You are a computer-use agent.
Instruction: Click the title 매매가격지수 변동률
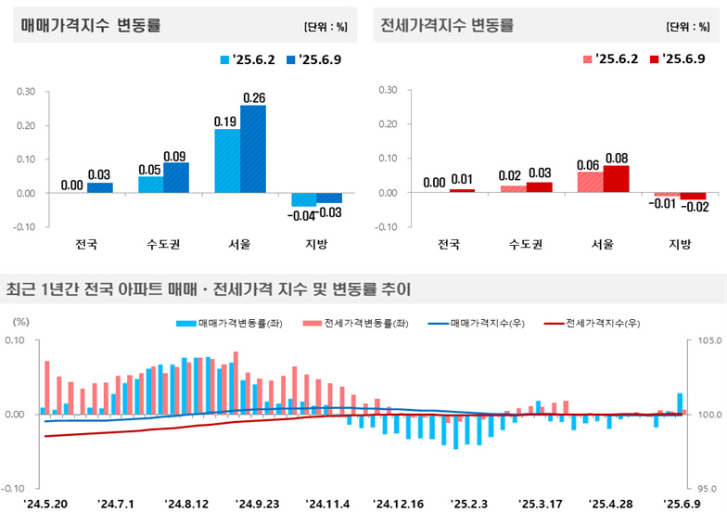[91, 26]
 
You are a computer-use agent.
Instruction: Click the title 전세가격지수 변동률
[447, 26]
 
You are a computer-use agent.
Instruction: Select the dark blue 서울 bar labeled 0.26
[253, 149]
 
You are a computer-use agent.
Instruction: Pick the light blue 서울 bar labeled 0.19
[227, 160]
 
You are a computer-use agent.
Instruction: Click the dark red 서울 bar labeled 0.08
[616, 179]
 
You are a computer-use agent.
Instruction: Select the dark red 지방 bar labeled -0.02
[693, 197]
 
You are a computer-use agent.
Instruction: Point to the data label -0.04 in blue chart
[302, 215]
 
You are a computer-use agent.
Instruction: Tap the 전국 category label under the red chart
[449, 245]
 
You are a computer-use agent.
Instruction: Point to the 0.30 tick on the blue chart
[26, 91]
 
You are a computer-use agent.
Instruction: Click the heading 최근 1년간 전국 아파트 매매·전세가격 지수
[209, 289]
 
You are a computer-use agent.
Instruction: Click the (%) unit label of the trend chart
[19, 321]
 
